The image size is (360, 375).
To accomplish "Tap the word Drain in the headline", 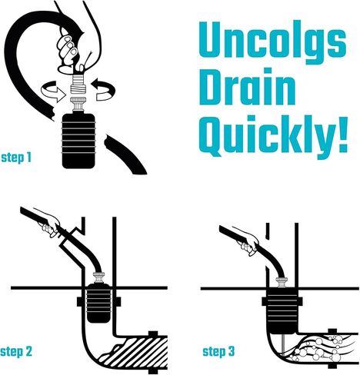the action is [x=247, y=86].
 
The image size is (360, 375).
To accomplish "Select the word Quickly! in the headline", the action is [x=274, y=136].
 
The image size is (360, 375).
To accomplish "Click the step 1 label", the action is [x=16, y=158].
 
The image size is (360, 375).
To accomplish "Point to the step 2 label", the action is [x=16, y=351].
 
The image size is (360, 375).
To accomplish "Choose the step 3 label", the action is [x=218, y=351].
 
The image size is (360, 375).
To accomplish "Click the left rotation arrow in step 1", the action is [x=53, y=91].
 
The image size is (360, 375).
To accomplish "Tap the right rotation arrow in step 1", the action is [x=104, y=90].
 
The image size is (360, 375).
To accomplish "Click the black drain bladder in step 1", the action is [x=78, y=141].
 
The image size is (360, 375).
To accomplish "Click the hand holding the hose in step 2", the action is [x=49, y=224].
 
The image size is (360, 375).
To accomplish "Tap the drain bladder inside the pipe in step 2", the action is [x=98, y=303].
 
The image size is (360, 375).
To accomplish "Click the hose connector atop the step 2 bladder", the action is [x=98, y=277].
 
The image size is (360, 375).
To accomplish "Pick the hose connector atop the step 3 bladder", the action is [x=282, y=283].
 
